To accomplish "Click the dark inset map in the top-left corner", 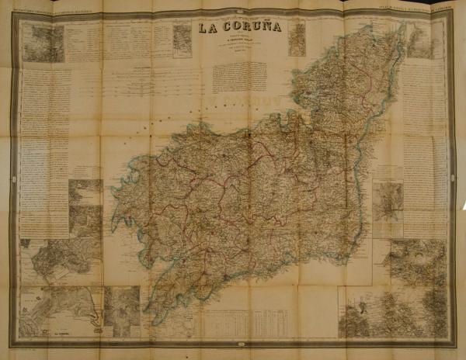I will coord(43,43).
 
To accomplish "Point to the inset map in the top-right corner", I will coord(420,41).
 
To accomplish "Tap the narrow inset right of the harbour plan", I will coord(122,311).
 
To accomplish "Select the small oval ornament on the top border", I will coord(233,11).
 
